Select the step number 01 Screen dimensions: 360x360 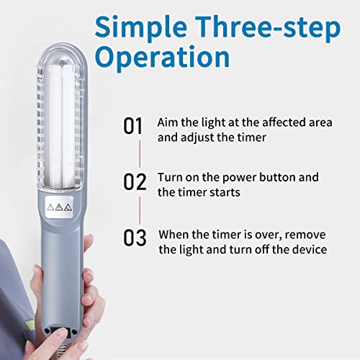[x=135, y=127]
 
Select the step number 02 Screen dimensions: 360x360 [x=135, y=181]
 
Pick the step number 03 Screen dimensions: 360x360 [x=135, y=236]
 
